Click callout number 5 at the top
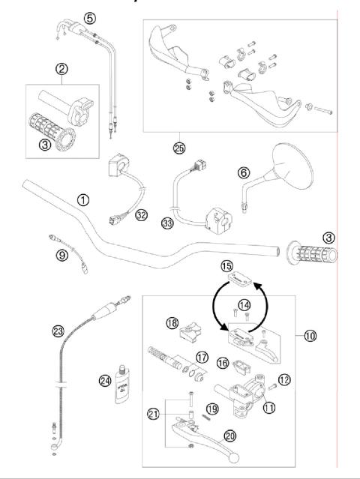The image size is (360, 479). pyautogui.click(x=90, y=17)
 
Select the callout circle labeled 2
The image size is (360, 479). pyautogui.click(x=62, y=70)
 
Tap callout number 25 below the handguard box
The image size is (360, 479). pyautogui.click(x=178, y=148)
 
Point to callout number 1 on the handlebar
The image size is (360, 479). pyautogui.click(x=83, y=200)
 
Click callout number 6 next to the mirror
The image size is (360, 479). pyautogui.click(x=242, y=172)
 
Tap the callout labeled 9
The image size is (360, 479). pyautogui.click(x=61, y=254)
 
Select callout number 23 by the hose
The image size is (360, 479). pyautogui.click(x=58, y=329)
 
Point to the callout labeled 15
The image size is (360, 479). pyautogui.click(x=227, y=266)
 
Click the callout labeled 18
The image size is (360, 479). pyautogui.click(x=172, y=323)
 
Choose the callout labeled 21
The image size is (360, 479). pyautogui.click(x=154, y=413)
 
